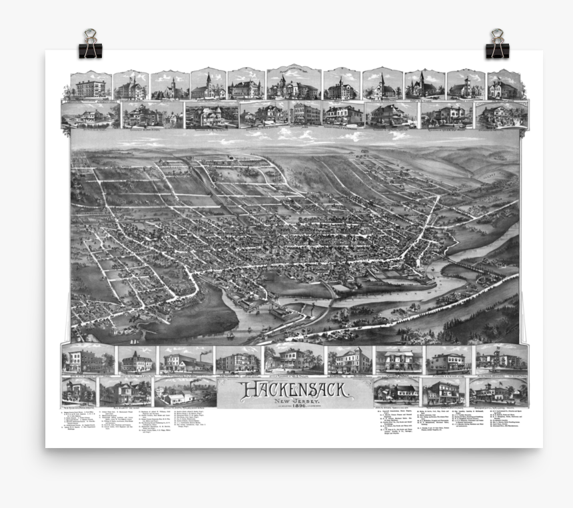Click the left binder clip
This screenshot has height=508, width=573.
click(90, 45)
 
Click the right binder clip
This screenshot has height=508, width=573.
click(496, 45)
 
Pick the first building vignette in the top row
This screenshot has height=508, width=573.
click(91, 85)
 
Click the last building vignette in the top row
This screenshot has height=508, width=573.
click(504, 85)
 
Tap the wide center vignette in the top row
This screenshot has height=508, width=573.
click(293, 84)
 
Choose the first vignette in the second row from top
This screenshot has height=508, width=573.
click(91, 115)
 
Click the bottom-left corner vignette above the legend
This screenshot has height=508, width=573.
click(79, 391)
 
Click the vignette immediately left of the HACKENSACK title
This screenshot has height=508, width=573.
click(185, 392)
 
